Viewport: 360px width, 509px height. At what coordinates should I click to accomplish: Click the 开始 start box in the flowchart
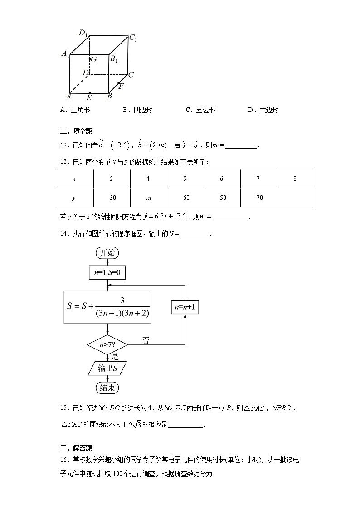(x=107, y=253)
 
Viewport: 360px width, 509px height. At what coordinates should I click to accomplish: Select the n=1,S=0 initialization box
(x=107, y=272)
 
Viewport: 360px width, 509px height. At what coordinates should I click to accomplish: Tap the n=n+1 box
(x=185, y=307)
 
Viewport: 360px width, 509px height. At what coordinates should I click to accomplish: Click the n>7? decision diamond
(x=107, y=345)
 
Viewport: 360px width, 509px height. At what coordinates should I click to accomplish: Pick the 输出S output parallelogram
(x=107, y=368)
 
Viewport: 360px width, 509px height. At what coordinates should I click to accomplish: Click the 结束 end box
(x=107, y=388)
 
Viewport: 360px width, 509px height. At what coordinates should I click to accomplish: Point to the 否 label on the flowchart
(x=146, y=340)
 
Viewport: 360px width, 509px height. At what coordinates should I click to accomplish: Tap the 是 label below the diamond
(x=115, y=357)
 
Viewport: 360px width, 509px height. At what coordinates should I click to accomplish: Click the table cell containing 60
(x=185, y=198)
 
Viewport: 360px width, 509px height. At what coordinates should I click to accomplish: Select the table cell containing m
(x=148, y=198)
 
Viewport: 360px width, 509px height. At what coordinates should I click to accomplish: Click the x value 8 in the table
(x=295, y=179)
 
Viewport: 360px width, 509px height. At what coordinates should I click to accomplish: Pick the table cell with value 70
(x=258, y=198)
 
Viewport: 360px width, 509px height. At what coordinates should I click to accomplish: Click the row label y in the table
(x=74, y=198)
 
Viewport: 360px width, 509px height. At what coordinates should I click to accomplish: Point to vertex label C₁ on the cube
(x=133, y=39)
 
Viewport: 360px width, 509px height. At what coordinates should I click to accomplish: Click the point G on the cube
(x=90, y=59)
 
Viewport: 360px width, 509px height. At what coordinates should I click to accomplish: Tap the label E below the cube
(x=89, y=97)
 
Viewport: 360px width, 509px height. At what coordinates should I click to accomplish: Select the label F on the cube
(x=121, y=86)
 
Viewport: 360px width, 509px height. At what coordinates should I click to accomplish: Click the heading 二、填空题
(x=76, y=131)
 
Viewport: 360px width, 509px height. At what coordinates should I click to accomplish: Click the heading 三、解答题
(x=76, y=448)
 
